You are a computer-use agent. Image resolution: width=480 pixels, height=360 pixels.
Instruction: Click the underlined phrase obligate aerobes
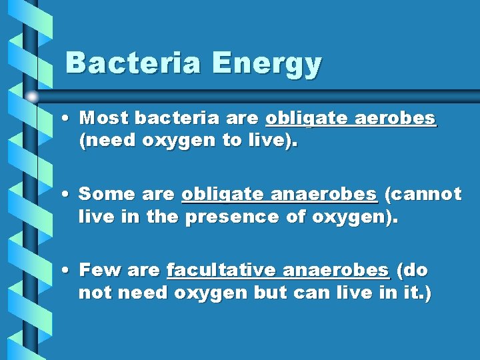351,119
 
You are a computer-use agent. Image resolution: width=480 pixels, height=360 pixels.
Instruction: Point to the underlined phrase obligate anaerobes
279,195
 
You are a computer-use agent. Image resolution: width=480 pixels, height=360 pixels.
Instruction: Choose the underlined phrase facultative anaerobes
277,271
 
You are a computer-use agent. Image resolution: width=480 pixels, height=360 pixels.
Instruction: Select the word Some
103,195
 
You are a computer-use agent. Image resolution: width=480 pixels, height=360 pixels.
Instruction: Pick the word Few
97,271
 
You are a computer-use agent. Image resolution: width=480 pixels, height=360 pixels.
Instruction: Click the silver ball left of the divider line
32,97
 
